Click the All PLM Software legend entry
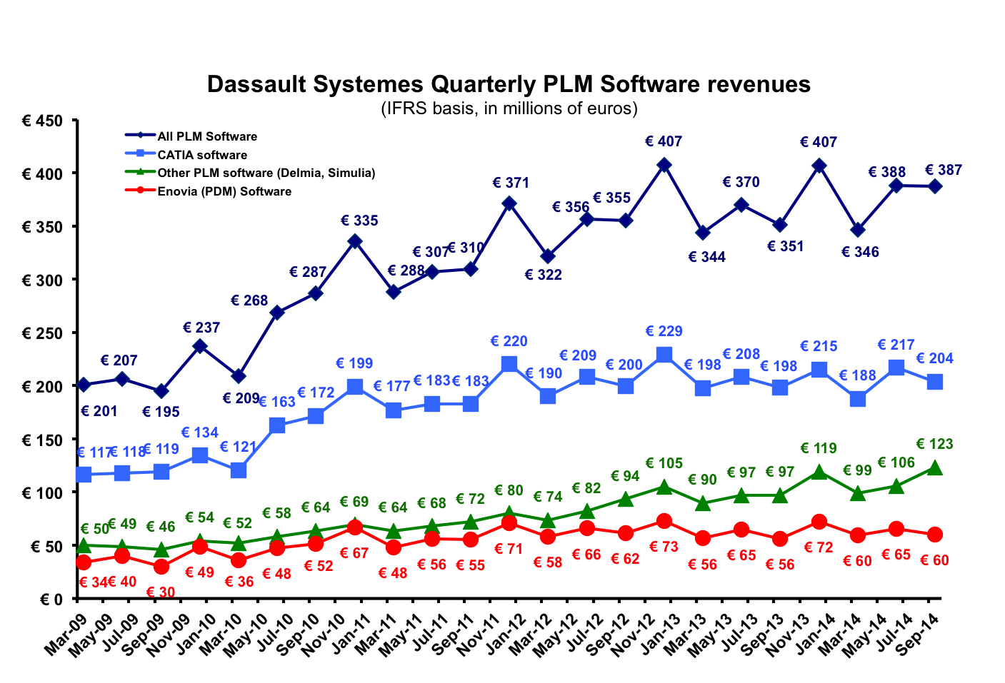[206, 136]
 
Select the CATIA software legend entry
[202, 155]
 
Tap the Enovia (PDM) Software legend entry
[224, 191]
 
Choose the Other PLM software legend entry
[266, 173]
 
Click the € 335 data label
[359, 221]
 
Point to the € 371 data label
[511, 183]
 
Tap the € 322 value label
[543, 275]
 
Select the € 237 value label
[201, 328]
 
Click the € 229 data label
[664, 331]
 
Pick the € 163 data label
[276, 402]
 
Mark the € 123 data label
[934, 444]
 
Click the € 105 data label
[664, 463]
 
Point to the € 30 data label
[161, 592]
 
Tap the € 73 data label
[664, 547]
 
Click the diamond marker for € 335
[355, 242]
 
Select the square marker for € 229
[664, 355]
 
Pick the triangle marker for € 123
[935, 468]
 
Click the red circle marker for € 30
[161, 567]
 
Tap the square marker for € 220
[509, 364]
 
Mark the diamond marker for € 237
[200, 346]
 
